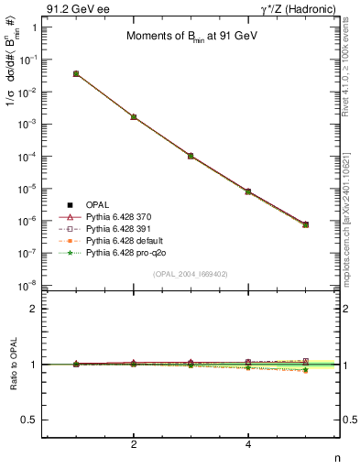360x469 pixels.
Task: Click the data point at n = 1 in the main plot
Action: pyautogui.click(x=76, y=73)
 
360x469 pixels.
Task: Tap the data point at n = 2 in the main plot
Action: pyautogui.click(x=134, y=117)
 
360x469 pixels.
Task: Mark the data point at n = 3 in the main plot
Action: pyautogui.click(x=191, y=156)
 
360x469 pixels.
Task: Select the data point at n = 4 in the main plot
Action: pyautogui.click(x=248, y=191)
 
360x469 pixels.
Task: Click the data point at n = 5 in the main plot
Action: pyautogui.click(x=305, y=224)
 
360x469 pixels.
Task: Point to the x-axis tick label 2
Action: pyautogui.click(x=134, y=443)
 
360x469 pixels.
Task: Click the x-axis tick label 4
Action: pyautogui.click(x=248, y=443)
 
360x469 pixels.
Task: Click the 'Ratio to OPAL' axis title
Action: pyautogui.click(x=12, y=365)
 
